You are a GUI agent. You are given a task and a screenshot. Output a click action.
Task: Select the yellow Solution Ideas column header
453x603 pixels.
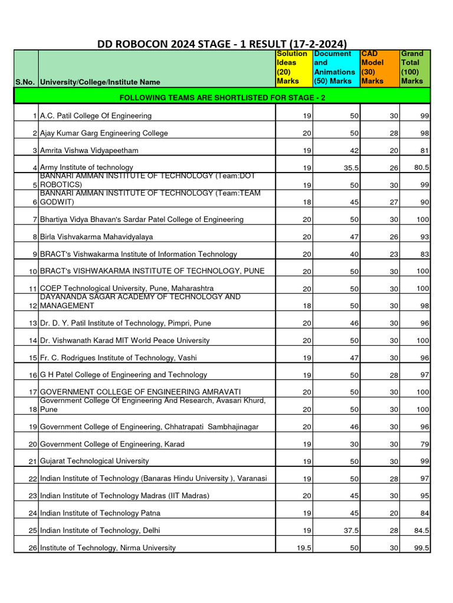coord(293,68)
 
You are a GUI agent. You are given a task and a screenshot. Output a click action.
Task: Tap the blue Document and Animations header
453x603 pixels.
coord(335,68)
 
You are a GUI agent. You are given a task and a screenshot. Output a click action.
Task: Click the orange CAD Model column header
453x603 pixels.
coord(379,68)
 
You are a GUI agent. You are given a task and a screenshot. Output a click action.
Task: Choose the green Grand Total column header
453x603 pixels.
coord(415,68)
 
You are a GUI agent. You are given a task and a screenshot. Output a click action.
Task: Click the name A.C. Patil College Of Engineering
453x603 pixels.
coord(96,116)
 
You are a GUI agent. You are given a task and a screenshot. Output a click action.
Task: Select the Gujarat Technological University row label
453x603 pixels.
coord(94,461)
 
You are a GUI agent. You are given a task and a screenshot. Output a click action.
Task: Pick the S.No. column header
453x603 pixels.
coord(25,82)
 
